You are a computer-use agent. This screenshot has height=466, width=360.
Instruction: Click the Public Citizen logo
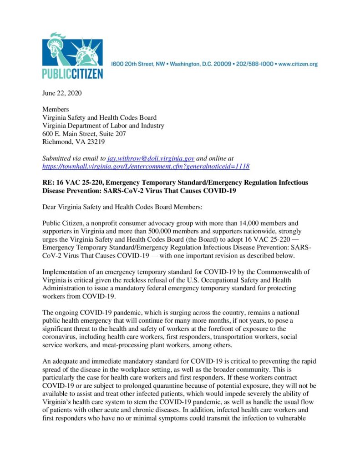(x=72, y=56)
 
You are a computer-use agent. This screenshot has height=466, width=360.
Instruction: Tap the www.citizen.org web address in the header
(x=297, y=64)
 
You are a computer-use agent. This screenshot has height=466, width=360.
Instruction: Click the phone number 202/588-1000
(x=253, y=64)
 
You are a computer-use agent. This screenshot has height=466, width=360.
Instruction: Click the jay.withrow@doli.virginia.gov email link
(x=151, y=158)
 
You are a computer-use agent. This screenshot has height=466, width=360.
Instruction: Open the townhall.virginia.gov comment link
(x=146, y=166)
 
